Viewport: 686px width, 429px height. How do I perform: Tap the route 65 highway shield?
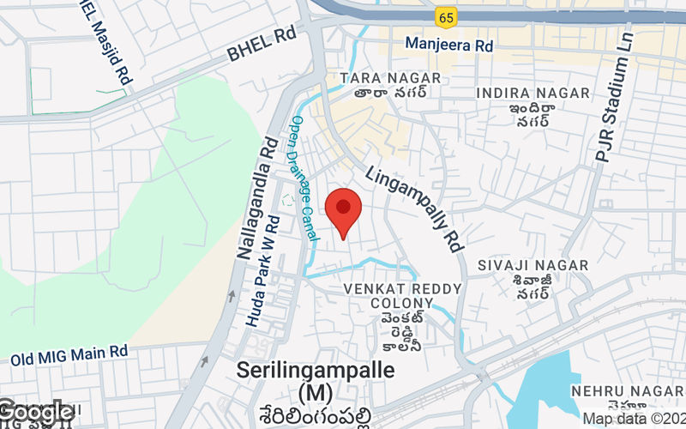(x=444, y=17)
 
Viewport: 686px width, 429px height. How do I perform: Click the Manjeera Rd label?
(x=449, y=43)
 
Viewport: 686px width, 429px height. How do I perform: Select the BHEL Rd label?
(x=261, y=46)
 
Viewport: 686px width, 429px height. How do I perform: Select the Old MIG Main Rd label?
(x=69, y=352)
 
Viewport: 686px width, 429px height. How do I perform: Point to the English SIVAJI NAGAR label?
(x=533, y=266)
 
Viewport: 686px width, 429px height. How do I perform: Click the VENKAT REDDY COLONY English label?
(x=402, y=296)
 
